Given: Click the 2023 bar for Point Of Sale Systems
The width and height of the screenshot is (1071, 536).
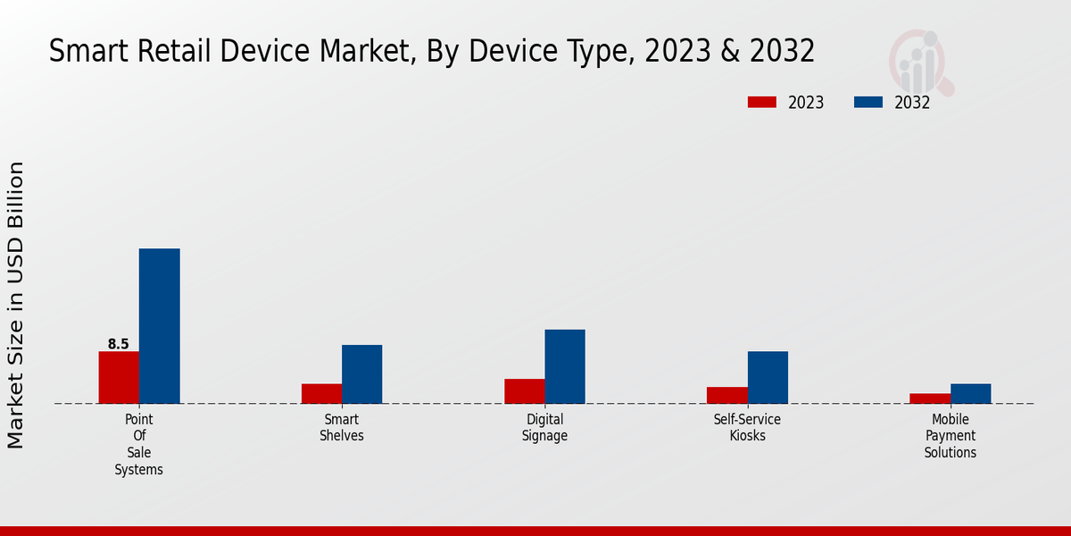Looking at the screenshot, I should click(119, 377).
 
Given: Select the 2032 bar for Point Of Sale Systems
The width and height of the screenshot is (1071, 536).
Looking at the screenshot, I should click(159, 326).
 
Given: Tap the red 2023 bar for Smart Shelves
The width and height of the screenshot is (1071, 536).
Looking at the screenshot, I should click(321, 393).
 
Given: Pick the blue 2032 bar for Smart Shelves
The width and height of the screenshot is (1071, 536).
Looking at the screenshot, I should click(361, 374).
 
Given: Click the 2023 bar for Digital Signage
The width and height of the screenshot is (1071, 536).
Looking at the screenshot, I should click(524, 390).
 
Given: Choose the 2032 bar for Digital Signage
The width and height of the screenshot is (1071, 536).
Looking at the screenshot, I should click(565, 366).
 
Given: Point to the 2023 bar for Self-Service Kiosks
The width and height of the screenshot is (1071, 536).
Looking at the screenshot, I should click(726, 395).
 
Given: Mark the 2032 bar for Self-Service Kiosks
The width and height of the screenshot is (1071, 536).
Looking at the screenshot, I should click(768, 377).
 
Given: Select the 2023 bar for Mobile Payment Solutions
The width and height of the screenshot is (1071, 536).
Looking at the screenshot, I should click(930, 398).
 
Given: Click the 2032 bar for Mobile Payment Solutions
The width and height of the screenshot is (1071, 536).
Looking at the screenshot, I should click(970, 393).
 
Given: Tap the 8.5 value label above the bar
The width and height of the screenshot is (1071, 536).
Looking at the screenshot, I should click(119, 344).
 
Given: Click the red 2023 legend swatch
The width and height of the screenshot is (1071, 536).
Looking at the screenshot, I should click(761, 102).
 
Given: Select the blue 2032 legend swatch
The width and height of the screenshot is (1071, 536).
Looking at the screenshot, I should click(868, 102).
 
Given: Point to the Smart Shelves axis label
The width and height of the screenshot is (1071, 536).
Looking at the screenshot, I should click(342, 428).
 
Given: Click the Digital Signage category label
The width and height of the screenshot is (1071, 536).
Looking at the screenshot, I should click(544, 428).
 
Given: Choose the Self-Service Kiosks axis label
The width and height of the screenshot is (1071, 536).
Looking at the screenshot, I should click(747, 428).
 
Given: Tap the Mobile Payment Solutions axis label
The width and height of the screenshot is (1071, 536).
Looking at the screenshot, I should click(951, 436).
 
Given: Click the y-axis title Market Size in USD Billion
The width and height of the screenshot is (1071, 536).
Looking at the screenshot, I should click(16, 306).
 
